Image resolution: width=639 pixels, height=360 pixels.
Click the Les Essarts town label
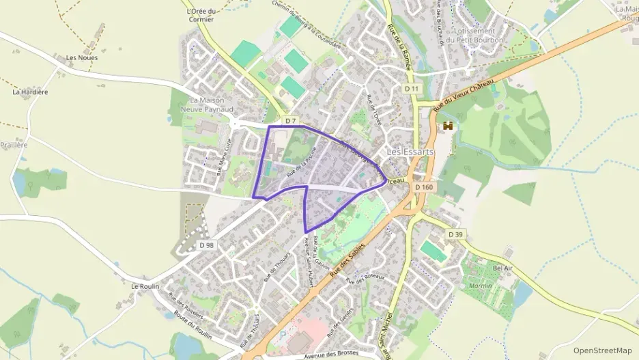(410, 152)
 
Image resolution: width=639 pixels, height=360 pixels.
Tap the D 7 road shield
(291, 121)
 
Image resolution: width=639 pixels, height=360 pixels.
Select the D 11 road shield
(411, 89)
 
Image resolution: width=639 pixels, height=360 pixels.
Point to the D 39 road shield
(456, 234)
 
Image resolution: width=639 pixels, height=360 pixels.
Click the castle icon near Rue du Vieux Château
(448, 126)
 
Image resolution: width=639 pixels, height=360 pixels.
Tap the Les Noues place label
(82, 58)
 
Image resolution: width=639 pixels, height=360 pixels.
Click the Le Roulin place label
(145, 286)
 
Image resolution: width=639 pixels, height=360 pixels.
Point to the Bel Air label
(502, 268)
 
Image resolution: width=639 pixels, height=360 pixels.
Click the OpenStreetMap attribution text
(603, 350)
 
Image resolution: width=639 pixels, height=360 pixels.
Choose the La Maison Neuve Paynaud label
(207, 105)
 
